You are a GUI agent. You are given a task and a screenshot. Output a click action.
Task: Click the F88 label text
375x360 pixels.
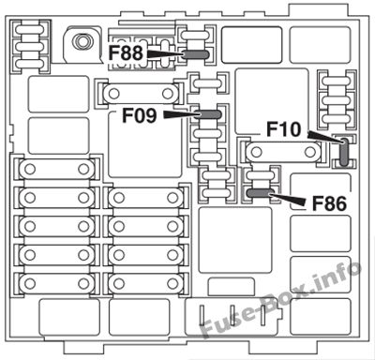coord(126,53)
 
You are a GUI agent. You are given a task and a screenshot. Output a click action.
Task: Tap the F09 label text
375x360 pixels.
coord(140,115)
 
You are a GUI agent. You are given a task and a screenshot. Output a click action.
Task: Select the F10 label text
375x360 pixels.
coord(284,129)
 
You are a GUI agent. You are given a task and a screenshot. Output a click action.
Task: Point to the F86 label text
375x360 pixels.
coord(329,203)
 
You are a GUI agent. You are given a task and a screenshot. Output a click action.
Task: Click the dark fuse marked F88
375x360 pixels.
coord(195,55)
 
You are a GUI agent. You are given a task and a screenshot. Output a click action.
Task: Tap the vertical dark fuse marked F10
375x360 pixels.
coord(344,152)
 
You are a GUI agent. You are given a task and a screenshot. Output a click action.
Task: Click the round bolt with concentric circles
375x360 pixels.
coord(82,41)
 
